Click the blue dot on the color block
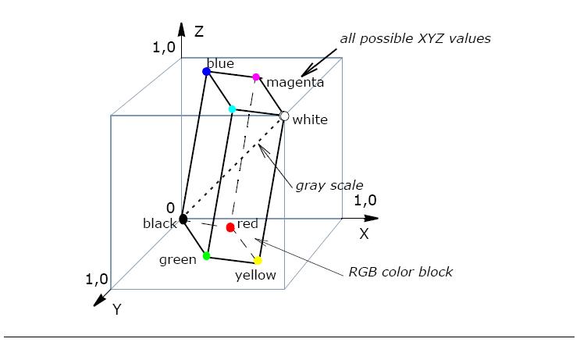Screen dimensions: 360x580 click(x=206, y=71)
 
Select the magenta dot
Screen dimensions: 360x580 click(x=256, y=77)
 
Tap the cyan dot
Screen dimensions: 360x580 click(x=232, y=109)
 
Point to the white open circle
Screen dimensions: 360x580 click(x=284, y=116)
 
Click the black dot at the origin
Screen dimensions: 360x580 click(x=183, y=219)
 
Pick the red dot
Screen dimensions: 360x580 click(x=230, y=227)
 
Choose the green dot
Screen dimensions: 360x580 click(x=207, y=255)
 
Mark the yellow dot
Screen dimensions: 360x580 click(x=258, y=261)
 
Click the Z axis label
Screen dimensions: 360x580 click(x=199, y=31)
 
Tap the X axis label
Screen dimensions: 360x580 click(x=364, y=233)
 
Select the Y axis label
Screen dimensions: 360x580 click(x=116, y=309)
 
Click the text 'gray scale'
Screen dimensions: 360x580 click(x=329, y=185)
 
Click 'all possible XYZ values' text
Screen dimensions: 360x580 click(x=415, y=38)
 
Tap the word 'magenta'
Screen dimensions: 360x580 click(x=295, y=82)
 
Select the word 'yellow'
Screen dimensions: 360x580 click(x=255, y=275)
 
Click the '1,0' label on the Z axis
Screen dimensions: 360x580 click(x=164, y=47)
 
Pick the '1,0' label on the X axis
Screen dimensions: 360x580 click(x=365, y=201)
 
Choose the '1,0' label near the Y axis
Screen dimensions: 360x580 click(x=98, y=279)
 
